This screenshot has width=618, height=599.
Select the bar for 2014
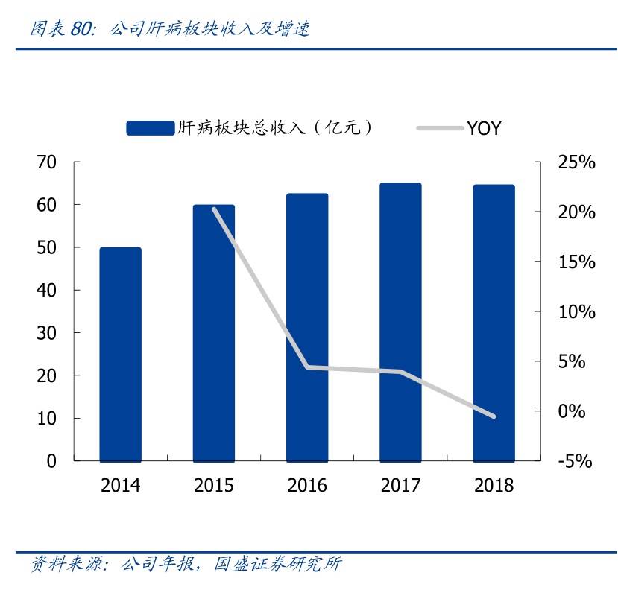[x=120, y=354]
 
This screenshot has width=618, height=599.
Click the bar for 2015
[x=214, y=333]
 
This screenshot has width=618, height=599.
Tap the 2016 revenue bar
[x=307, y=327]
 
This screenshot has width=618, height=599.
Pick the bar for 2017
[x=400, y=322]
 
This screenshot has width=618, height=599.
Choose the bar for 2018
[x=494, y=323]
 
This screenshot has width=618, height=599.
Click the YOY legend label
[x=484, y=128]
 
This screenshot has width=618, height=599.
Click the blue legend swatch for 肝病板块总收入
[x=150, y=128]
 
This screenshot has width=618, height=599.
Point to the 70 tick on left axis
[x=46, y=162]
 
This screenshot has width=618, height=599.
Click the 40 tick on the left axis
[x=46, y=290]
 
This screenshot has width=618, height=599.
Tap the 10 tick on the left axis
[x=46, y=418]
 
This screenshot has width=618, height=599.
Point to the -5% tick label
[x=574, y=461]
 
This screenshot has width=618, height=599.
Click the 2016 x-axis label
[x=307, y=486]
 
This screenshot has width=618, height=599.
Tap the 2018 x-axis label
[x=494, y=486]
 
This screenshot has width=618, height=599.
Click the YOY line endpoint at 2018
[x=494, y=416]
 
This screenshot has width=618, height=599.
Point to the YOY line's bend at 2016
[x=307, y=367]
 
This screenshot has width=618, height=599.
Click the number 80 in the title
[x=81, y=29]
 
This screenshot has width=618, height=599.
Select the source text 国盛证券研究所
[x=277, y=564]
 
